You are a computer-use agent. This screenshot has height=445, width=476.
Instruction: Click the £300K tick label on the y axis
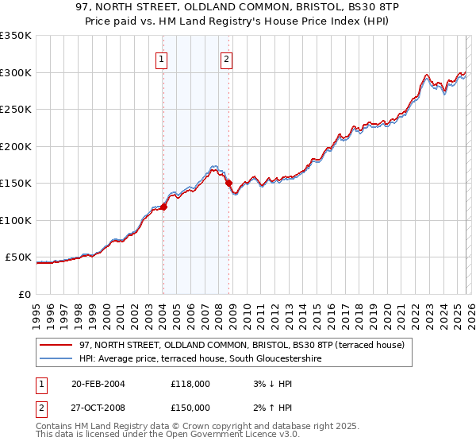click(x=16, y=72)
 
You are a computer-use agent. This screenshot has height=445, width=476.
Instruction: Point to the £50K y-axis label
click(x=18, y=257)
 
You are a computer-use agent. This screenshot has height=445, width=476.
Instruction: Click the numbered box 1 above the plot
click(x=162, y=58)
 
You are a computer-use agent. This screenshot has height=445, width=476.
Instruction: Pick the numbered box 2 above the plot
click(x=227, y=58)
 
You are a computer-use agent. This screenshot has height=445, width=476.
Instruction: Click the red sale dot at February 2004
click(x=163, y=207)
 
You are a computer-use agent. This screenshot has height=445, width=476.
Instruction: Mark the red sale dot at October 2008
click(x=229, y=183)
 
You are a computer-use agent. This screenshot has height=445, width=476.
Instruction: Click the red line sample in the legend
click(x=57, y=345)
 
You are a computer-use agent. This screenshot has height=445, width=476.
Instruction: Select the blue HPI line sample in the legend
click(x=57, y=358)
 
